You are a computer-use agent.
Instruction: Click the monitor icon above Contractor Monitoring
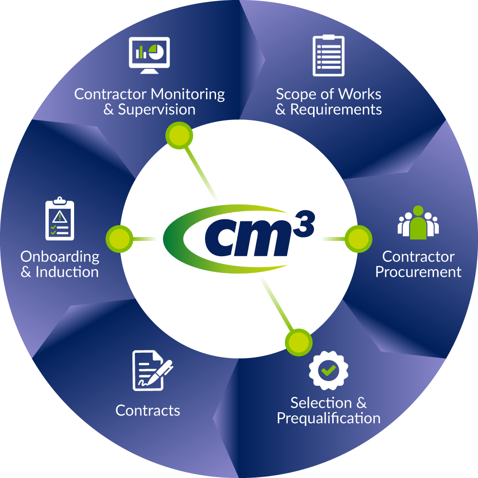coord(149,54)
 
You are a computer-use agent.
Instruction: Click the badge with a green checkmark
coord(328,369)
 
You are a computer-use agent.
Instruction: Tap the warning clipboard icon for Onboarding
coord(60,219)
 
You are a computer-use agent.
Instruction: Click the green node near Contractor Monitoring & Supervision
coord(179,136)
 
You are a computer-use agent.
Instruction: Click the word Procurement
coord(418,272)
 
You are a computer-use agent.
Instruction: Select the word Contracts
coord(148,411)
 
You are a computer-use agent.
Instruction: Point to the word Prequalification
coord(328,418)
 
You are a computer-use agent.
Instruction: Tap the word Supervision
coord(157,109)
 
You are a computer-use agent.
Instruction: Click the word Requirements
coord(336,109)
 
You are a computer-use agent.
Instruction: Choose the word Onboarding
coord(60,257)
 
